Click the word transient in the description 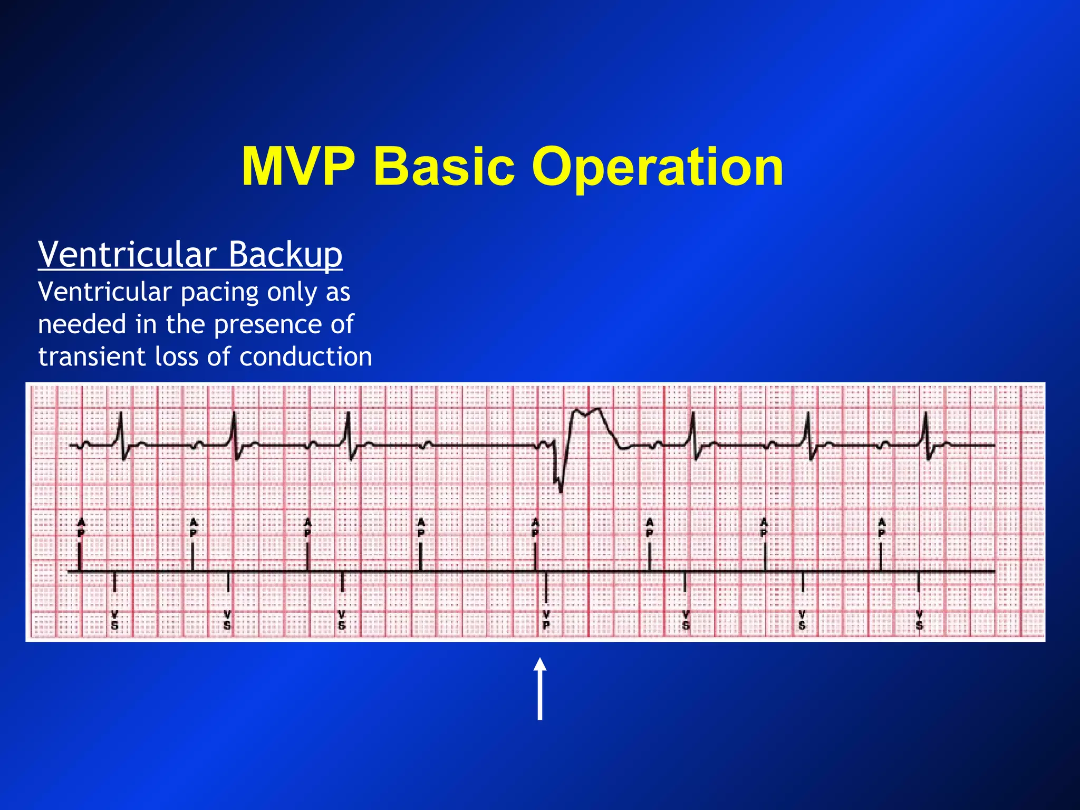[x=91, y=356]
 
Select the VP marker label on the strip [x=546, y=621]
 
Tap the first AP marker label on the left [x=81, y=527]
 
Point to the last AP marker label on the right [x=881, y=527]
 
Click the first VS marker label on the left [x=115, y=621]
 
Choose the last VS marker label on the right [x=919, y=621]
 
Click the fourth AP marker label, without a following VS [x=421, y=527]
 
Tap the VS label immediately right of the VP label [x=686, y=621]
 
